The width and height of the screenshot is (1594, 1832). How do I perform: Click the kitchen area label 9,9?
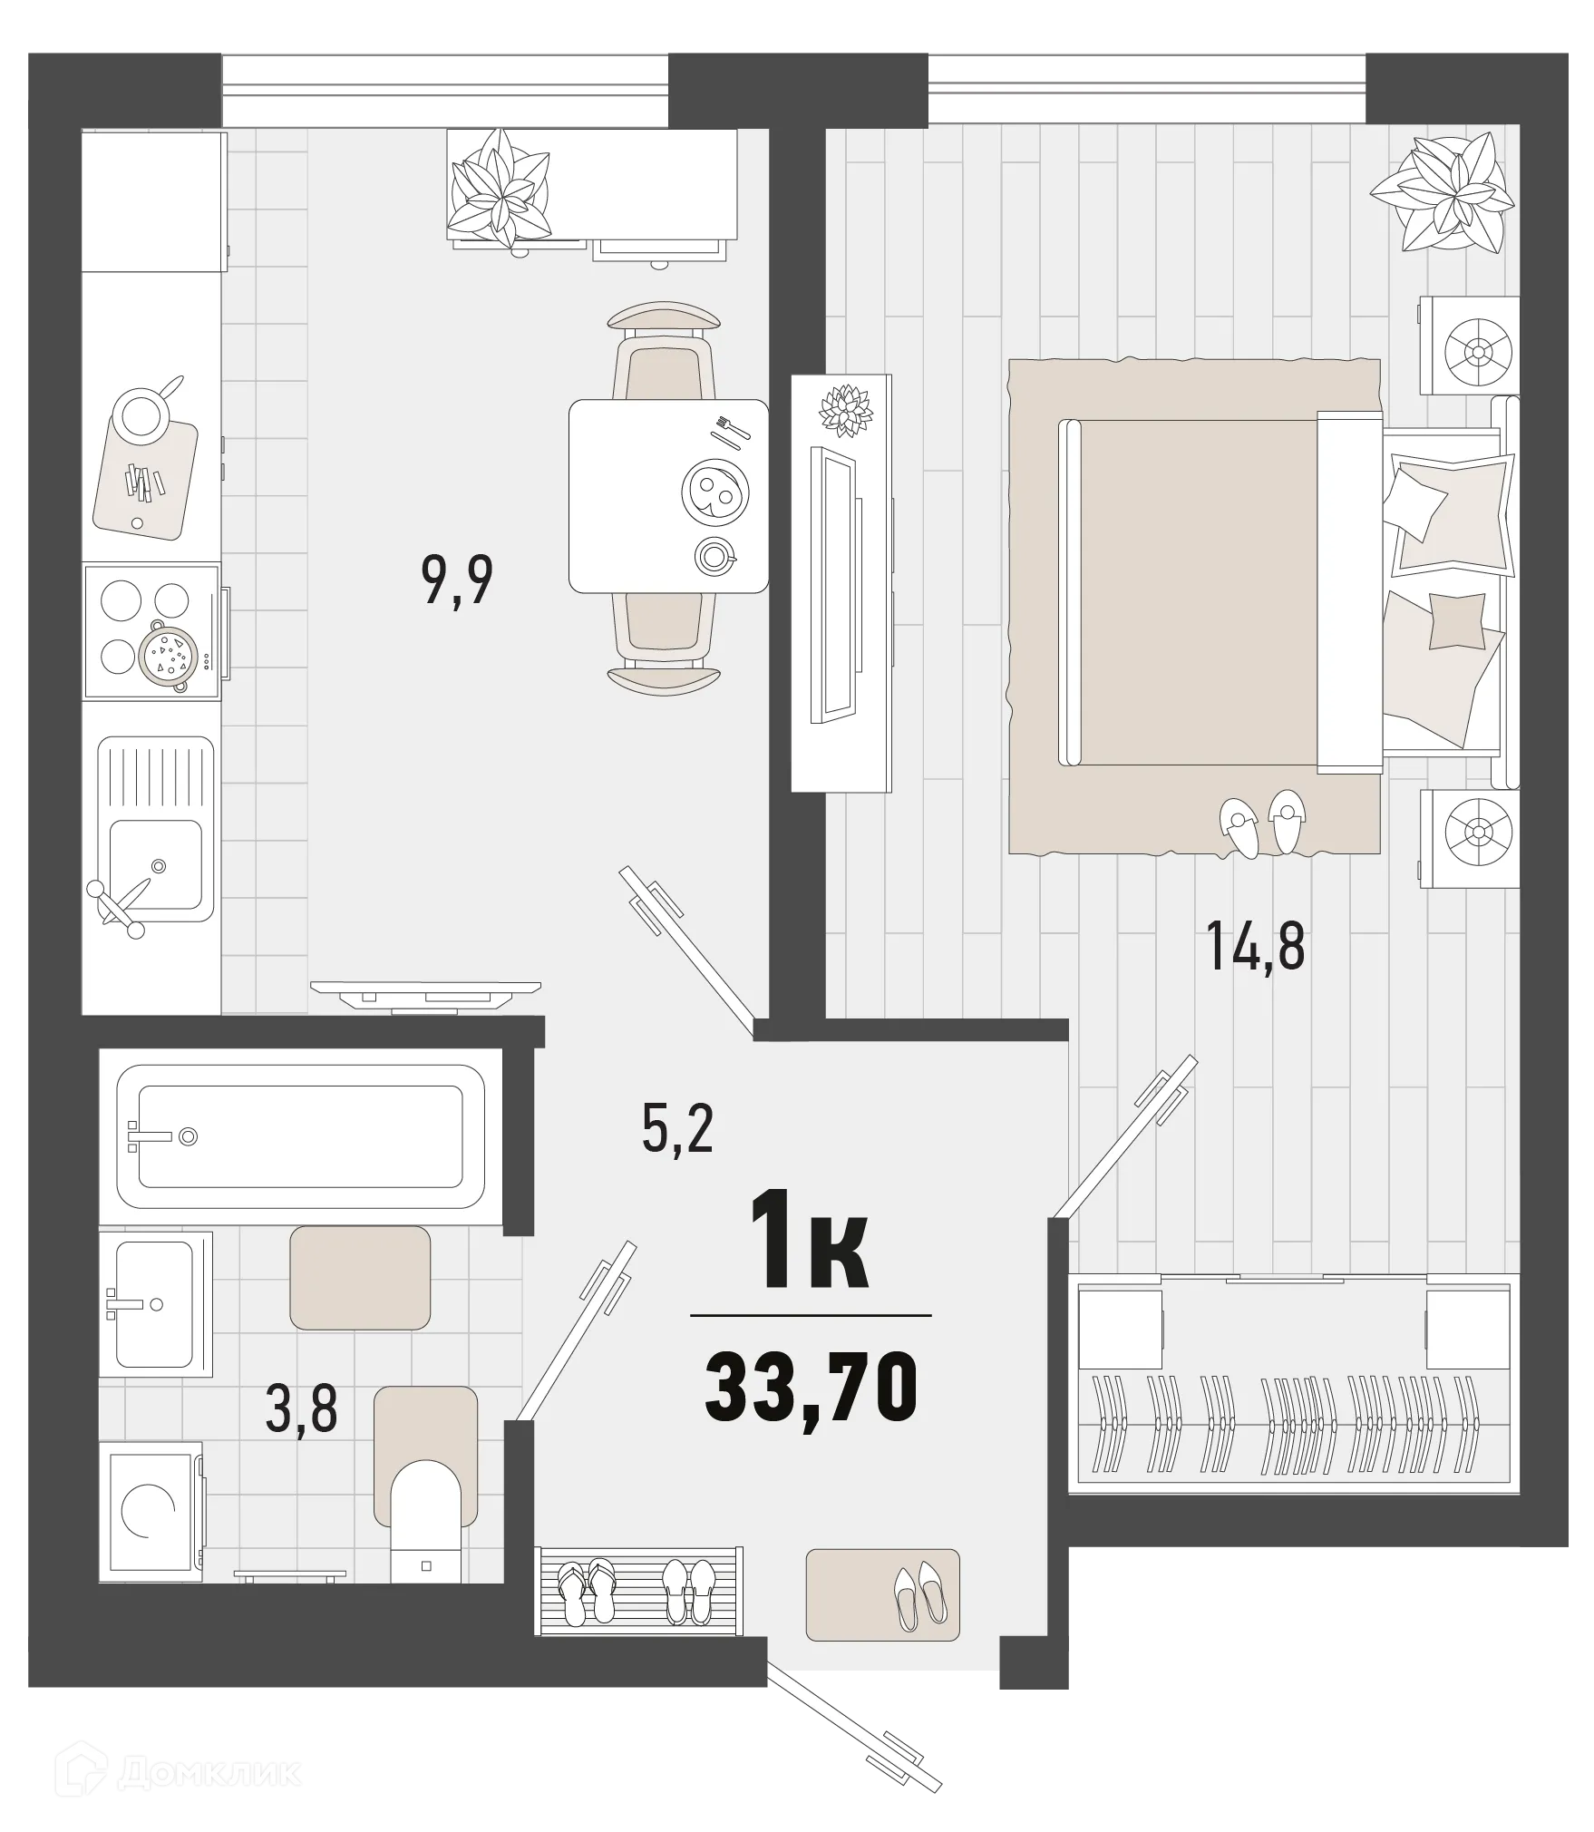(457, 581)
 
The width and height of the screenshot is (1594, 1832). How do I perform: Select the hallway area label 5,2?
(676, 1131)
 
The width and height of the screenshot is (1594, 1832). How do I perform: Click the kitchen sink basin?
(156, 864)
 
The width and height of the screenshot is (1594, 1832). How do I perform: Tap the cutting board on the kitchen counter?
(145, 476)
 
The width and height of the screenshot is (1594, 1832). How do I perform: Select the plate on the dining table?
(713, 491)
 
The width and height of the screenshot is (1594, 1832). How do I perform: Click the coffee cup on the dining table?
(714, 556)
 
